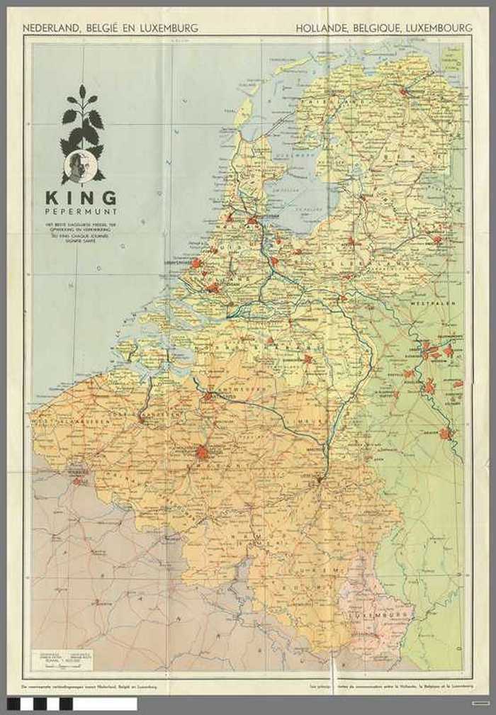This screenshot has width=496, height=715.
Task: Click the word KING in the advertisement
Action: click(81, 198)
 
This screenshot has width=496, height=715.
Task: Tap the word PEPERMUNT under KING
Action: click(81, 211)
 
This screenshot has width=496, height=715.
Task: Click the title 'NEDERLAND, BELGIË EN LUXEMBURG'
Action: click(111, 28)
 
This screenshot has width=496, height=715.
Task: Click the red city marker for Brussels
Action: click(203, 452)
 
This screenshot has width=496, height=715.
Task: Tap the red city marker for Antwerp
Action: click(208, 396)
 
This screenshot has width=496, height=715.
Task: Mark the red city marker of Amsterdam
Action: click(253, 221)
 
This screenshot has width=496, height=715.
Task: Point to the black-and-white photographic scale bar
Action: click(71, 704)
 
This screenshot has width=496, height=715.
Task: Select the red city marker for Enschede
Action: click(437, 240)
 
